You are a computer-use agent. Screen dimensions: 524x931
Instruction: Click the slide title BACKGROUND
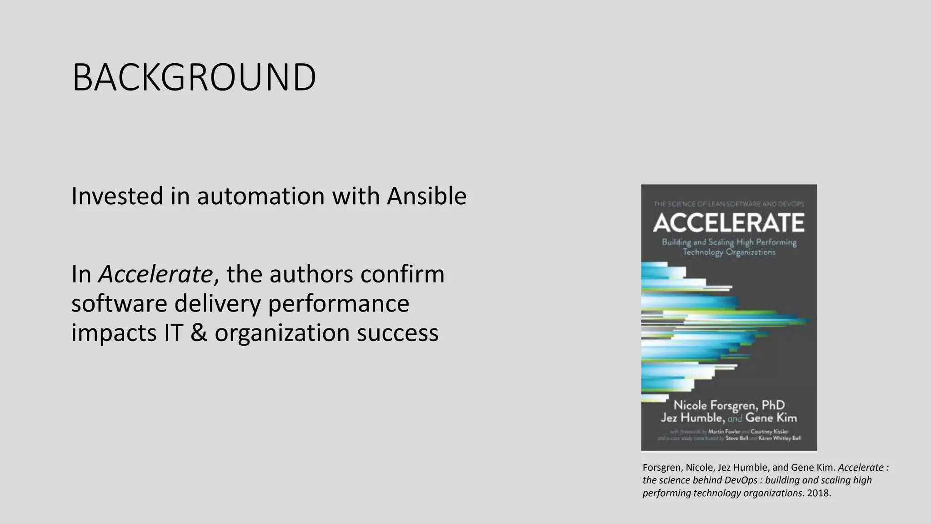(194, 77)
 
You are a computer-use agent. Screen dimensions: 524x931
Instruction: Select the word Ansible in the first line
(426, 196)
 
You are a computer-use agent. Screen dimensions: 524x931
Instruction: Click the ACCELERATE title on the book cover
(729, 223)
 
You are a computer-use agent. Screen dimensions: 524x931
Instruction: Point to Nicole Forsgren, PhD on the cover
(729, 405)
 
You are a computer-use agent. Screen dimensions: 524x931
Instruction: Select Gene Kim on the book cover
(771, 418)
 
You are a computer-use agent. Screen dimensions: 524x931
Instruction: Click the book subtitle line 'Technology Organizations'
(729, 252)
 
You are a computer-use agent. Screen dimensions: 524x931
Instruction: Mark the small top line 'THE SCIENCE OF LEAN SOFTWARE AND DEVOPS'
(729, 204)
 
